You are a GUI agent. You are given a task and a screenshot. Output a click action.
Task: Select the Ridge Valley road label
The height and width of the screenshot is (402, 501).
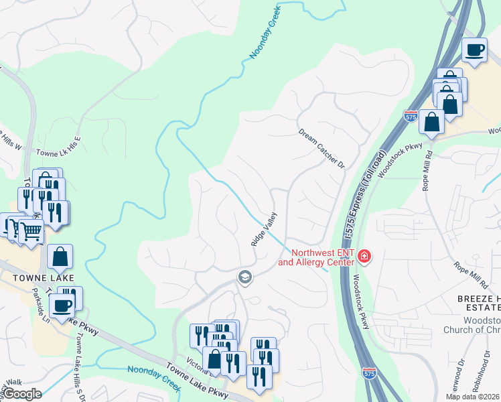pyautogui.click(x=264, y=230)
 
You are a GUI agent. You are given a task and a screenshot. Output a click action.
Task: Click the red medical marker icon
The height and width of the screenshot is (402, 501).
pyautogui.click(x=364, y=256)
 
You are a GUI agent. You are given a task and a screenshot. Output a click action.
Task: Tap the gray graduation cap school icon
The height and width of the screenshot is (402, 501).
pyautogui.click(x=245, y=277)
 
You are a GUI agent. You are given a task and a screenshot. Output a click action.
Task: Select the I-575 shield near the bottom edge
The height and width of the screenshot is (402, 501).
pyautogui.click(x=368, y=373)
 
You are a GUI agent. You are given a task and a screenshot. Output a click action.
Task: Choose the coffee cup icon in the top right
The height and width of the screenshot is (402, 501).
pyautogui.click(x=475, y=50)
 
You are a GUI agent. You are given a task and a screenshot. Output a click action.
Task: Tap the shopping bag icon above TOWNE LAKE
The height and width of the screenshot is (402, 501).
pyautogui.click(x=60, y=255)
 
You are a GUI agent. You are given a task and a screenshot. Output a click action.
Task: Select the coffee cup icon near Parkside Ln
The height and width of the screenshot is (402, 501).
pyautogui.click(x=62, y=306)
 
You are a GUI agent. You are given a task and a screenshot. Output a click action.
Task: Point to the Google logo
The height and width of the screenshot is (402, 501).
pyautogui.click(x=23, y=394)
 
